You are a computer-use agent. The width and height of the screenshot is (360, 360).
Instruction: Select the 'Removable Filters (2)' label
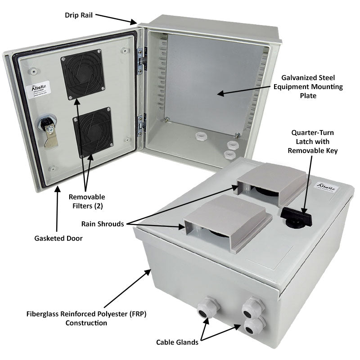coord(87,202)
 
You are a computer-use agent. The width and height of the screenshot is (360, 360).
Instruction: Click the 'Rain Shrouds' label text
coord(103,224)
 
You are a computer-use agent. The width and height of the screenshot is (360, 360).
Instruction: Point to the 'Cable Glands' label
coord(177,342)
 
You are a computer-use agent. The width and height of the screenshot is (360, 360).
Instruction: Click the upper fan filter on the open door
coord(83,75)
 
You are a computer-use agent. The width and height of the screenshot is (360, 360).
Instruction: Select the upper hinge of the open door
coord(140,59)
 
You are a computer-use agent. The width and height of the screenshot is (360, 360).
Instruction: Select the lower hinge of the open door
coord(141,123)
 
